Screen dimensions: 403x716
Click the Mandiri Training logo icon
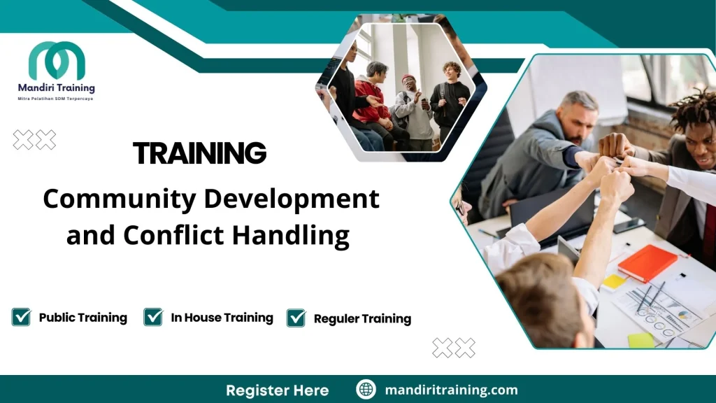tap(57, 61)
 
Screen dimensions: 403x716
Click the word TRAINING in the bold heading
tap(199, 153)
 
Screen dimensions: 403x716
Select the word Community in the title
tap(119, 199)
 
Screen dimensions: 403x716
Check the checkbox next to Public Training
tap(22, 317)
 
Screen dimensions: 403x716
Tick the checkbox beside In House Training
tap(153, 317)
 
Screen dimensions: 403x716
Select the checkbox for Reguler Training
tap(296, 318)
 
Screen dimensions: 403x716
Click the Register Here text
tap(277, 390)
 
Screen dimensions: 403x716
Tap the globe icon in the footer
tap(366, 390)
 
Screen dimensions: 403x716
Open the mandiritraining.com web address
tap(451, 390)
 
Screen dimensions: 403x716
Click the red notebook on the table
tap(647, 263)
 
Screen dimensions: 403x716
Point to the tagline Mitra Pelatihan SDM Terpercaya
tap(56, 99)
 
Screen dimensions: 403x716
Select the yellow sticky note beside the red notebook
tap(614, 281)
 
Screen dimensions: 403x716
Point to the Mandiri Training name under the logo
tap(56, 88)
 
